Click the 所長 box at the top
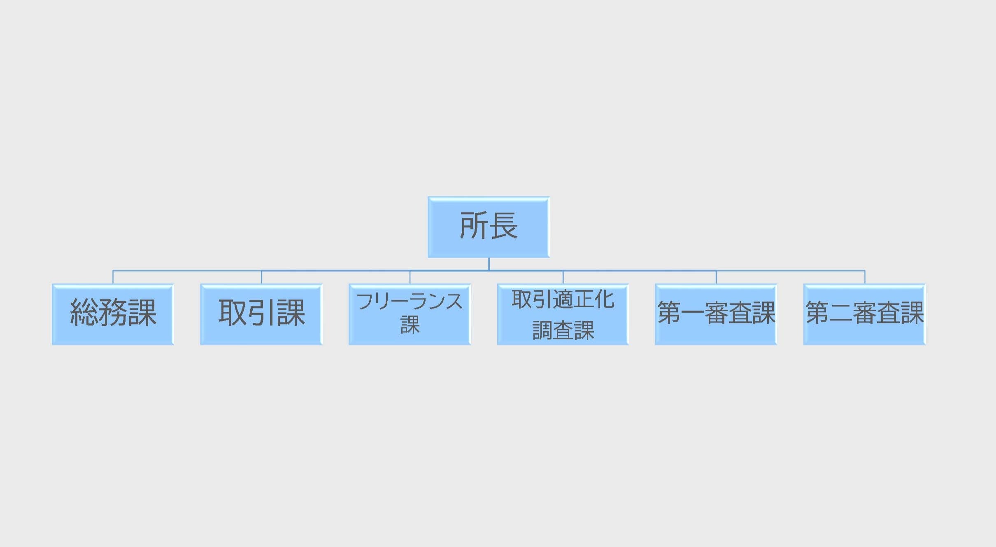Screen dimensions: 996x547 click(x=489, y=227)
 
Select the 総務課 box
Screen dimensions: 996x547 click(x=113, y=314)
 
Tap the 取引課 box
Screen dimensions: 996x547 click(x=261, y=314)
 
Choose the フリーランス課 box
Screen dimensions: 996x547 click(x=410, y=314)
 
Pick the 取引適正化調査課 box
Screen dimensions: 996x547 click(x=563, y=314)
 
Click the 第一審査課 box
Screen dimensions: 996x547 click(x=716, y=314)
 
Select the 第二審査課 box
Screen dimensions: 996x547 click(x=865, y=314)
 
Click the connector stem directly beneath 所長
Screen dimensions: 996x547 click(x=489, y=264)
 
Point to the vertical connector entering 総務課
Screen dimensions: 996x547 click(x=113, y=277)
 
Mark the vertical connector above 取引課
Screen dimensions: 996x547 click(x=261, y=277)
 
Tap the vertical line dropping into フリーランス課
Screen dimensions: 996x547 click(x=410, y=277)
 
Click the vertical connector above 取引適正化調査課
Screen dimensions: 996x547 click(x=563, y=277)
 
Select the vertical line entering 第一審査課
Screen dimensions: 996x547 click(x=716, y=277)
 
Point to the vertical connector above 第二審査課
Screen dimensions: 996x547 click(x=865, y=277)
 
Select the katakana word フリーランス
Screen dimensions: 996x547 click(x=410, y=301)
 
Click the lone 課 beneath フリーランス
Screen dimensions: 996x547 click(x=410, y=325)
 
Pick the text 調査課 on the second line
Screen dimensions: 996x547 click(x=563, y=330)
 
